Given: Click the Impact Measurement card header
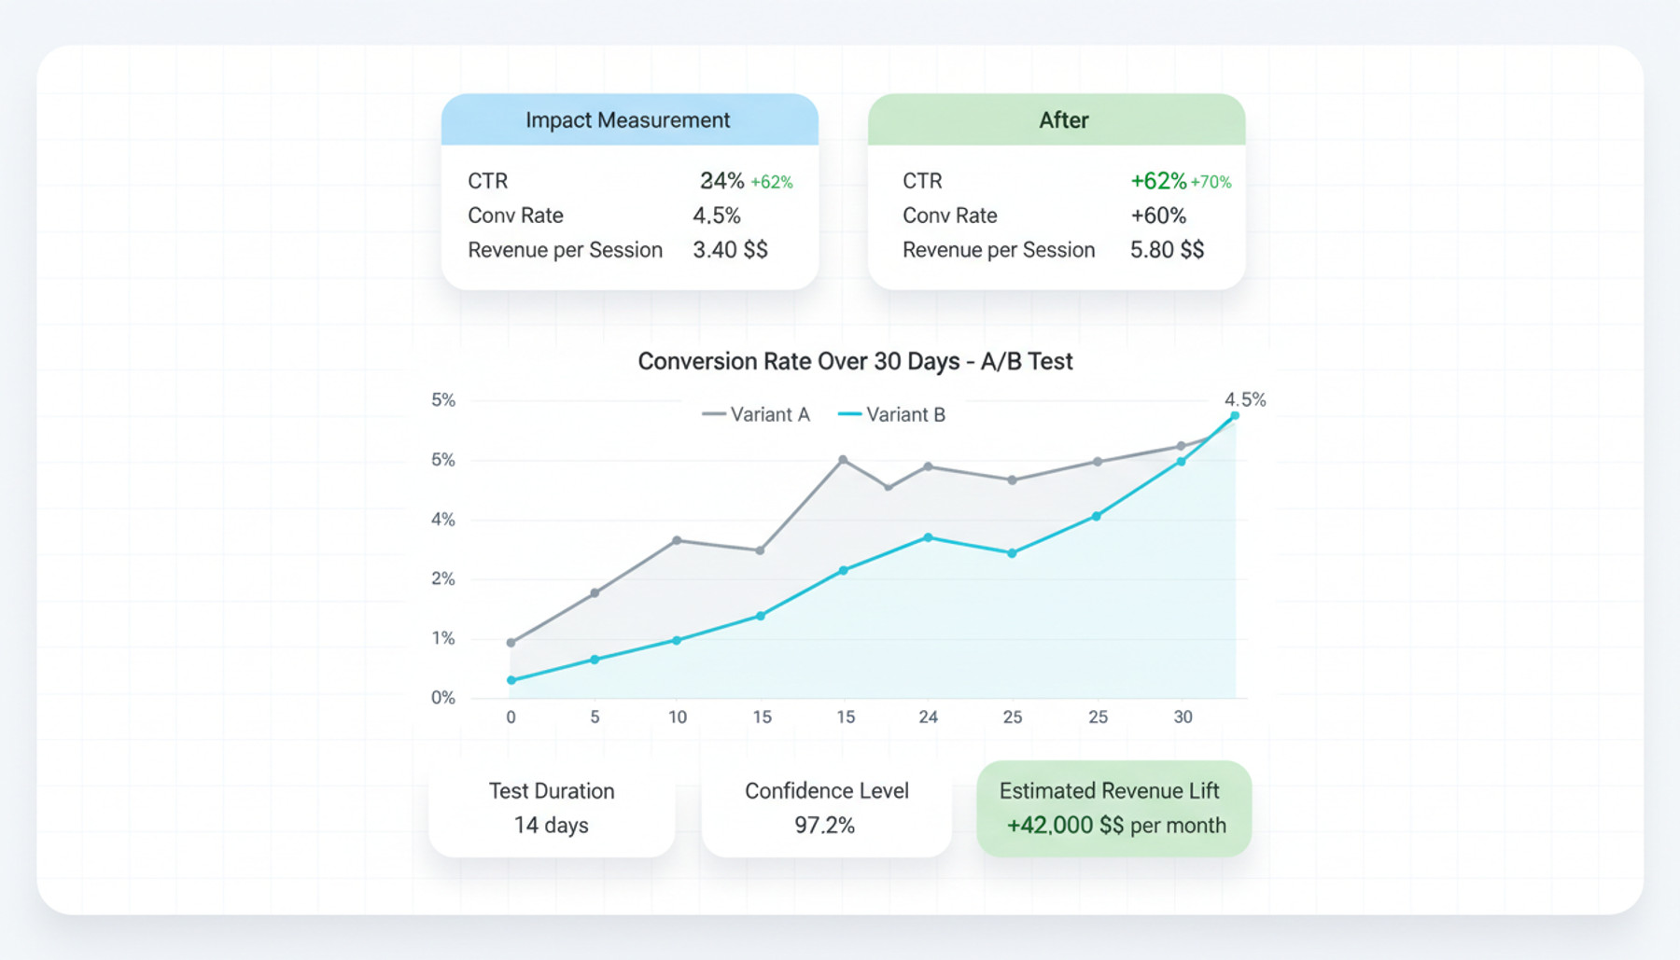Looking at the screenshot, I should pyautogui.click(x=628, y=120).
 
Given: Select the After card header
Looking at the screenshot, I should pyautogui.click(x=1063, y=120).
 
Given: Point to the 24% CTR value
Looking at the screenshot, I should pyautogui.click(x=721, y=181).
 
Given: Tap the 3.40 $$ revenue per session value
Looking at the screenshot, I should pyautogui.click(x=730, y=250).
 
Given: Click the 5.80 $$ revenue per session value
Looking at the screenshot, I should pyautogui.click(x=1167, y=250).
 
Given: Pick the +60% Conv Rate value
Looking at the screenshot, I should pyautogui.click(x=1158, y=216).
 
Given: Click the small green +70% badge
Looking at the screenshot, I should pyautogui.click(x=1211, y=182).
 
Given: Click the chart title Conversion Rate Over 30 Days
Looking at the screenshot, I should pyautogui.click(x=855, y=361).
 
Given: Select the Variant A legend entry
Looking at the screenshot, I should pyautogui.click(x=756, y=414).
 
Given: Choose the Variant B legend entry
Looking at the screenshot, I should pyautogui.click(x=892, y=414).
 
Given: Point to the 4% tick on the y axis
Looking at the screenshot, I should pyautogui.click(x=442, y=520).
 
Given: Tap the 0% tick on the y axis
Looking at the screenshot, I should pyautogui.click(x=442, y=698).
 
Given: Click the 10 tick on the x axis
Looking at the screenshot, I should pyautogui.click(x=678, y=717).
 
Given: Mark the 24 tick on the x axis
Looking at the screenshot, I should pyautogui.click(x=928, y=717).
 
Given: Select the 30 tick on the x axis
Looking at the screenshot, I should pyautogui.click(x=1183, y=717).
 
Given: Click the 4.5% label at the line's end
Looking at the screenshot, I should pyautogui.click(x=1245, y=399).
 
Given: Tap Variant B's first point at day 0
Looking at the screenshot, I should pyautogui.click(x=511, y=680).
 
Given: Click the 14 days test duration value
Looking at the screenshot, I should pyautogui.click(x=551, y=825).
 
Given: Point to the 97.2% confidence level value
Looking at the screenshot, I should pyautogui.click(x=824, y=825).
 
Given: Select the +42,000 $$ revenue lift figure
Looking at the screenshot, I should pyautogui.click(x=1065, y=825).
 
